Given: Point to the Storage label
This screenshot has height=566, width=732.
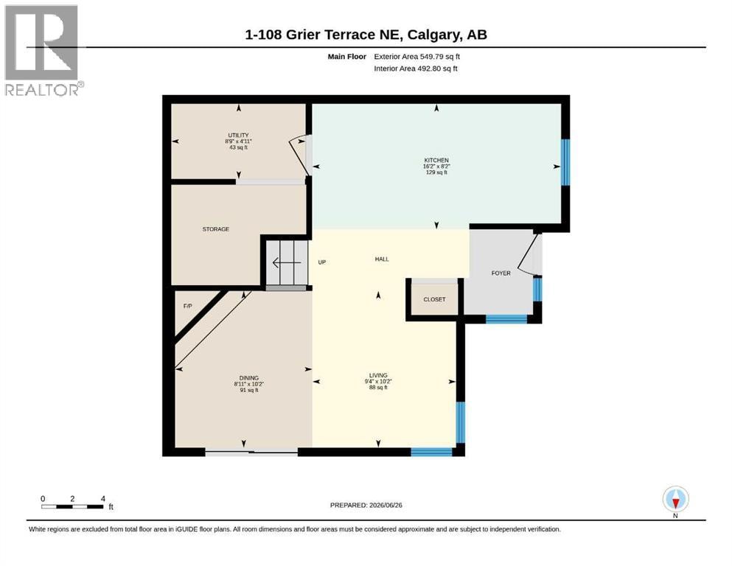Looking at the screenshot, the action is (x=216, y=229).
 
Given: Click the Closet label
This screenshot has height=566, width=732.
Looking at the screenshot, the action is (x=434, y=299).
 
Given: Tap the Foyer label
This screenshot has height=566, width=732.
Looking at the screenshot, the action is (x=501, y=273).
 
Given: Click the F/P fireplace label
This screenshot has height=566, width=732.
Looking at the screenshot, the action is (x=187, y=306).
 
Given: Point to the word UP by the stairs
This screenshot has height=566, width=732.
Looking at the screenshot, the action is (x=321, y=262).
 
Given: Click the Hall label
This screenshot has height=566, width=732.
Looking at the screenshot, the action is (x=382, y=259).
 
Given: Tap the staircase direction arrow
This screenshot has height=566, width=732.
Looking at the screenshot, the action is (x=287, y=263).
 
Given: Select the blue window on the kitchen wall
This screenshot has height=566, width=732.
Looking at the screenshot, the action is (x=565, y=162).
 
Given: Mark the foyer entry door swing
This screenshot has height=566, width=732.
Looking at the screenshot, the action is (x=530, y=254).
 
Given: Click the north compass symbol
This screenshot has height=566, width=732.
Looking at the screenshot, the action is (x=675, y=500).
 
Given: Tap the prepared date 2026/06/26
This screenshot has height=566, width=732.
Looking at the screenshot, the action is (x=386, y=506).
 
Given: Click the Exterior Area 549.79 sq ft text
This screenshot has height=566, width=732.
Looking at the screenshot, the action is (x=417, y=57).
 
